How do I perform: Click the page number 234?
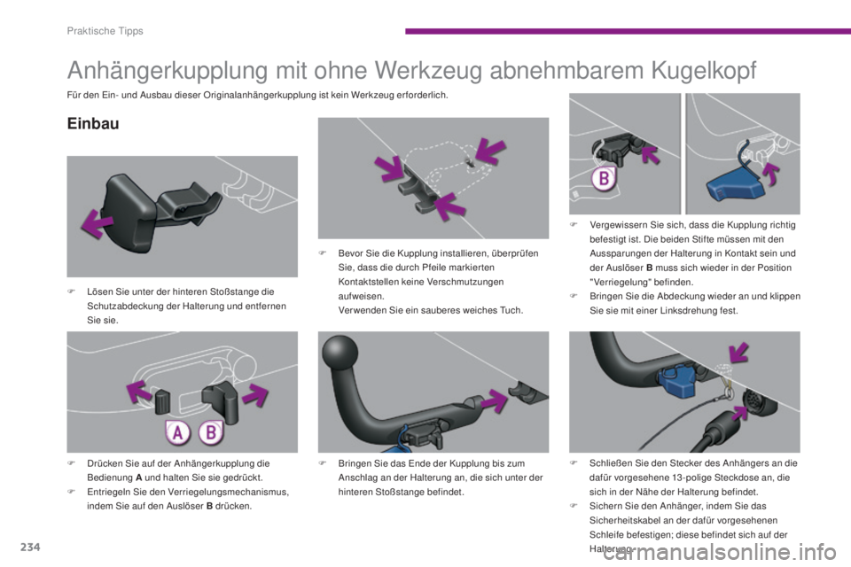tap(30, 547)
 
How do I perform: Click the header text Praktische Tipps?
tap(105, 31)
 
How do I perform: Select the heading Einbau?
tap(93, 124)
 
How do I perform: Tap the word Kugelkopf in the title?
tap(703, 70)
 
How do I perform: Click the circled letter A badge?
tap(178, 433)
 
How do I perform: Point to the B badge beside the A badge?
tap(211, 433)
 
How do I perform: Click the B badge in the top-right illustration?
tap(604, 178)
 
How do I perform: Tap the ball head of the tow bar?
tap(340, 352)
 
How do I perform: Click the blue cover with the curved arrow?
tap(733, 187)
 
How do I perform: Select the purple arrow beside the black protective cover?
tap(98, 224)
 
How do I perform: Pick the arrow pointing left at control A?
tap(139, 392)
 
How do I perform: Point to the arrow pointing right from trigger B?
tap(254, 394)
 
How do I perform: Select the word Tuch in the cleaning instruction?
tap(511, 310)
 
